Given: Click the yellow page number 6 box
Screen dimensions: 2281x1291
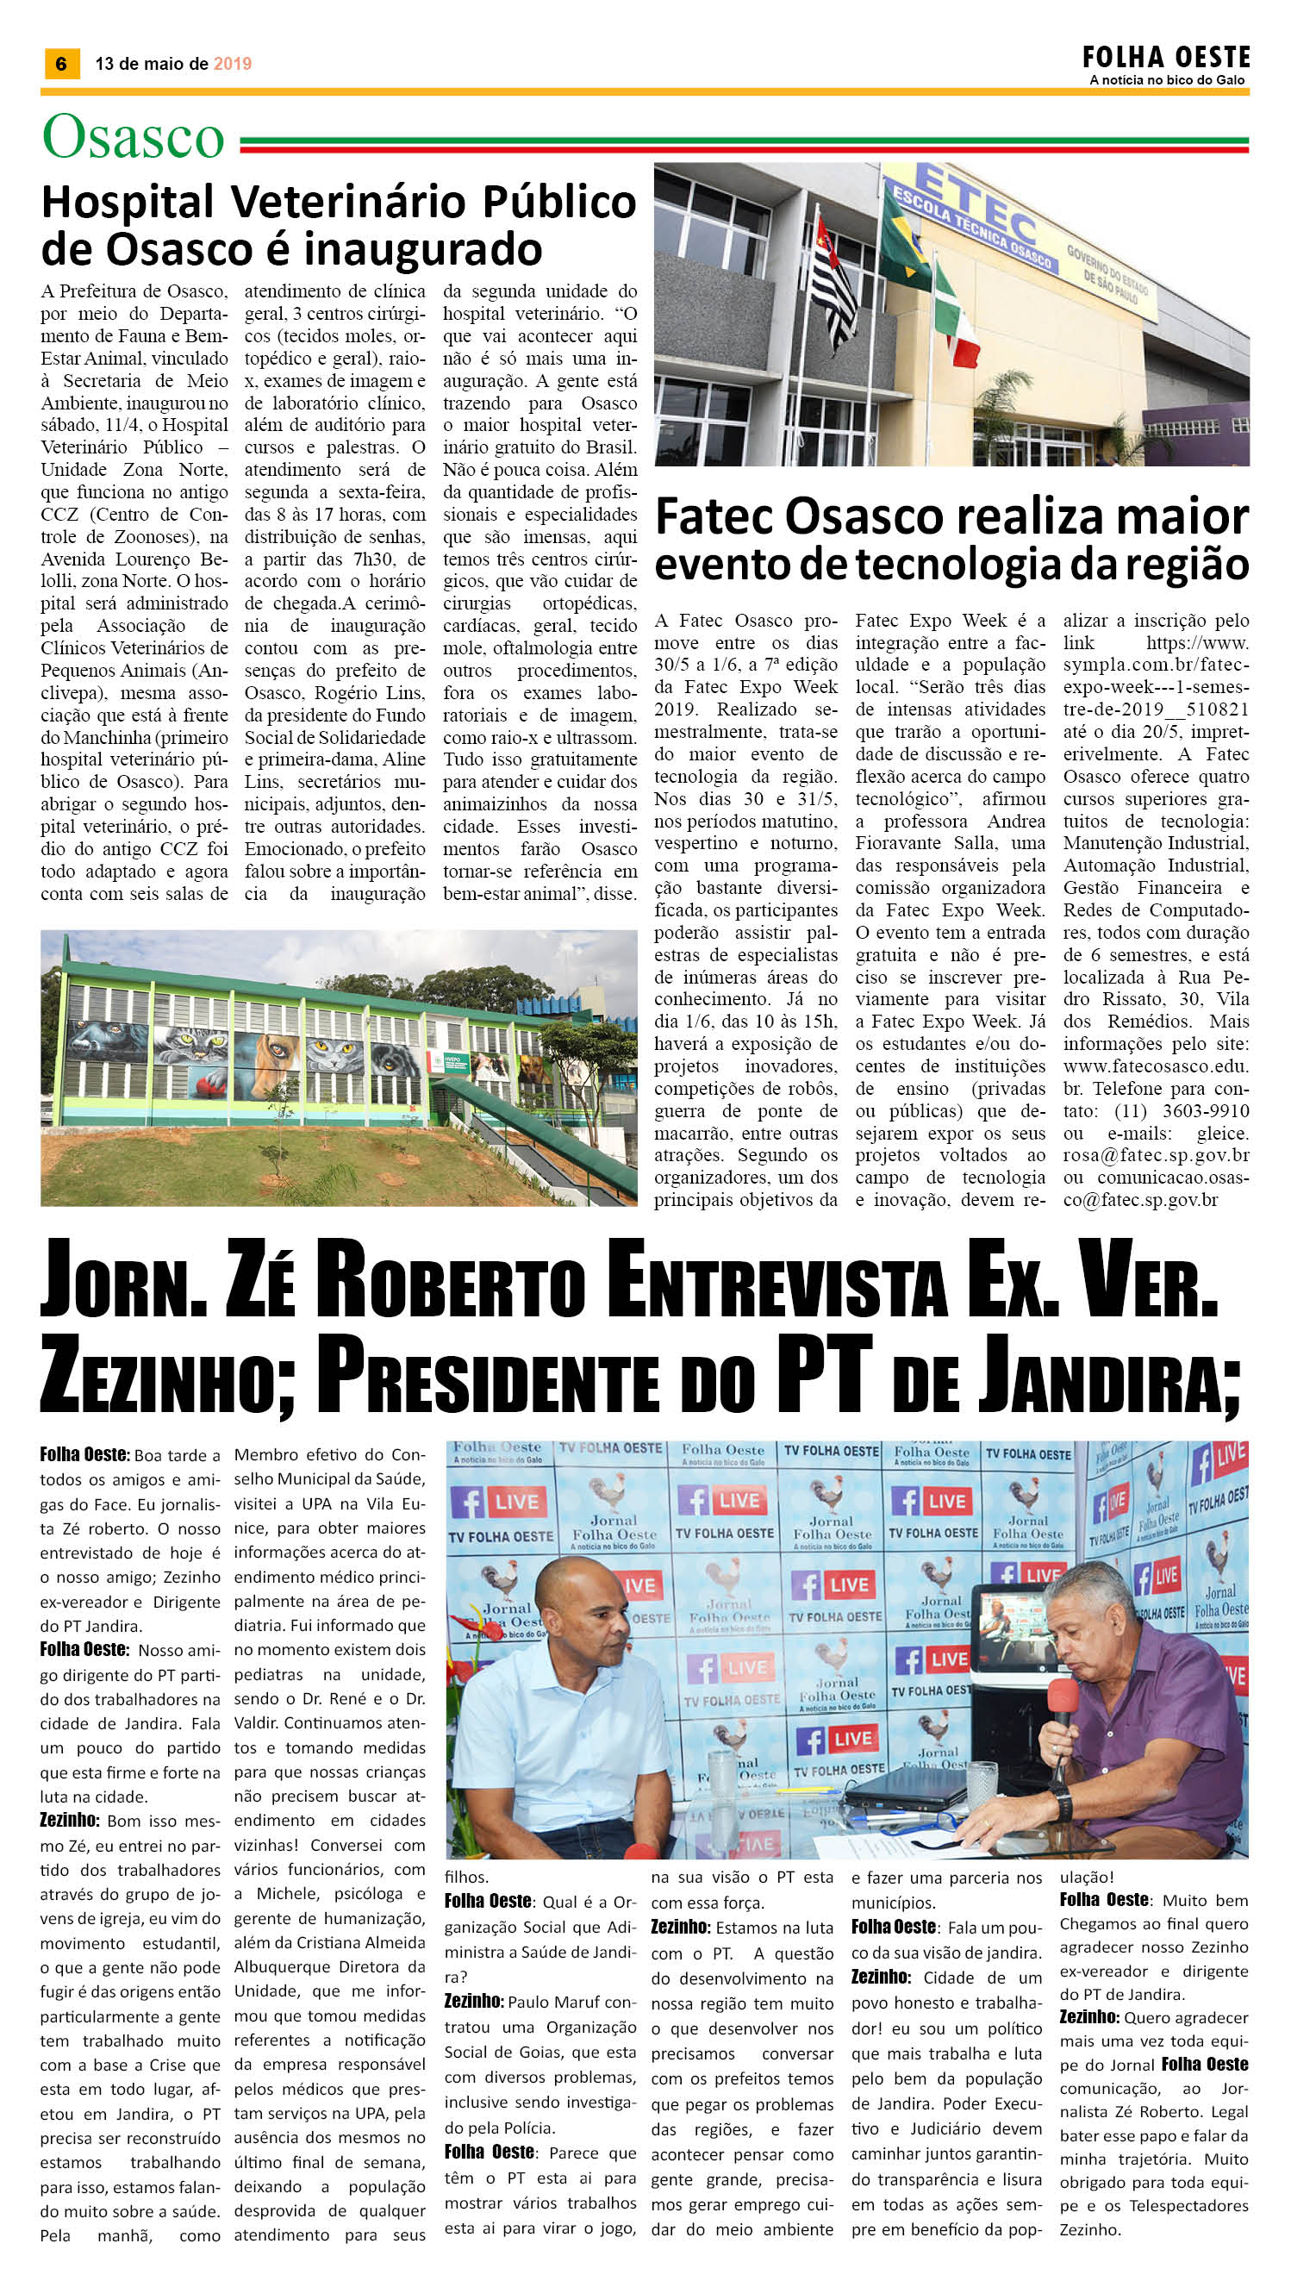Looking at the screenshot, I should (x=61, y=64).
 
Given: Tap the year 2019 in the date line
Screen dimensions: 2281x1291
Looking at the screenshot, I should (x=233, y=64).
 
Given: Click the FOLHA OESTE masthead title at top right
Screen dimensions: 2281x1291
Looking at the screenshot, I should (x=1165, y=59).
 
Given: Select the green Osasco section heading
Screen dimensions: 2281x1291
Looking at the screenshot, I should (x=133, y=137).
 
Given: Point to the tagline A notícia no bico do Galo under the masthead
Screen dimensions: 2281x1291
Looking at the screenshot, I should (x=1167, y=81).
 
